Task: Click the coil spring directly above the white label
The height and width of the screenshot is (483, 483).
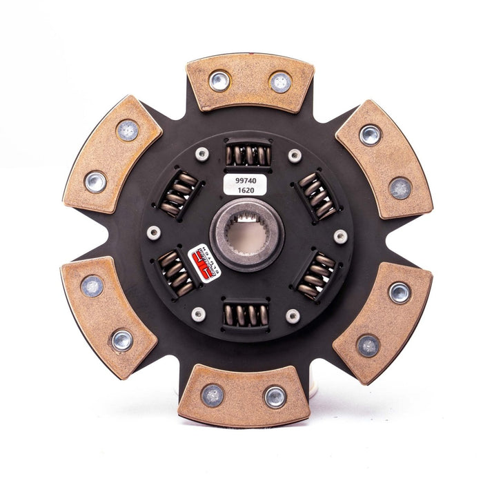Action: coord(247,155)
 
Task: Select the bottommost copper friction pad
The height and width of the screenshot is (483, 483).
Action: coord(244,395)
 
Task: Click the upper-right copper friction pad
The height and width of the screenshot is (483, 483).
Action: coord(384,159)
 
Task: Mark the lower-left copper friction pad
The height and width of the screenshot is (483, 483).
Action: coord(106,317)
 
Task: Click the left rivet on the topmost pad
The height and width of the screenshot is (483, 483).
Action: coord(219,81)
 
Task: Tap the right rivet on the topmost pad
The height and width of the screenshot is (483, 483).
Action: coord(280,81)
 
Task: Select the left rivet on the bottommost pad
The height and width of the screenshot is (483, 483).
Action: coord(212,395)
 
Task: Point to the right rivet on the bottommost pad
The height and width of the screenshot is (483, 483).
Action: coord(274,396)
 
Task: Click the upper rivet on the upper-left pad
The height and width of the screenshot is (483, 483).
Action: coord(127,130)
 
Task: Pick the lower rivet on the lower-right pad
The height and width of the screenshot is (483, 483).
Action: coord(367,346)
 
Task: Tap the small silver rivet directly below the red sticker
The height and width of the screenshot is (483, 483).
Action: coord(199,314)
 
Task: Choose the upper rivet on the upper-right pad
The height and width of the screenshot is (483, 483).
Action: coord(371,134)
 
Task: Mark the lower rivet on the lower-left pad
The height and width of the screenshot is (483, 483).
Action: coord(123,339)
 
